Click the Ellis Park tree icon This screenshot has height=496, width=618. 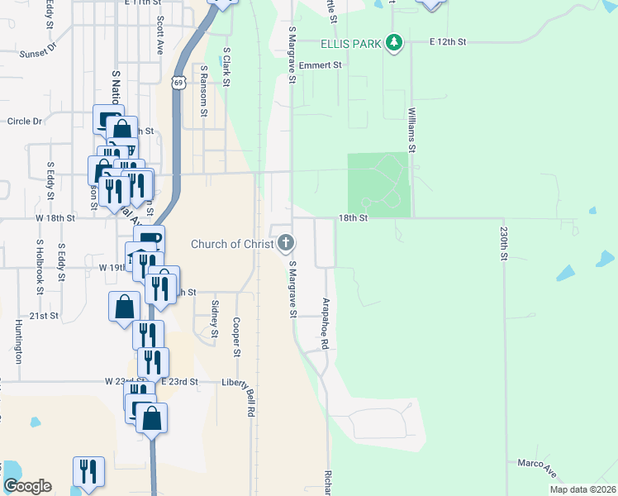(x=395, y=42)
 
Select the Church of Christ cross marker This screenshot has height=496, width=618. (x=286, y=243)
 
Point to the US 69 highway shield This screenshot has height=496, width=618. (x=178, y=81)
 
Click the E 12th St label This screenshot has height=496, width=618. (x=448, y=41)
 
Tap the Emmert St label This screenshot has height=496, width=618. (x=320, y=65)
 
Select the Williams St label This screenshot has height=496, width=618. (x=411, y=131)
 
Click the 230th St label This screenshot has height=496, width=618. (x=502, y=246)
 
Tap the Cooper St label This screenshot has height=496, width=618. (x=236, y=337)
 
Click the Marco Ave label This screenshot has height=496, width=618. (x=537, y=467)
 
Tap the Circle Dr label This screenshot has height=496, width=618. (x=25, y=122)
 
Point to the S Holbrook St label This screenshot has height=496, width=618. (x=39, y=269)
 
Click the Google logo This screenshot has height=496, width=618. (x=27, y=486)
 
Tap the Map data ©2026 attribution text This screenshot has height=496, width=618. (x=582, y=489)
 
